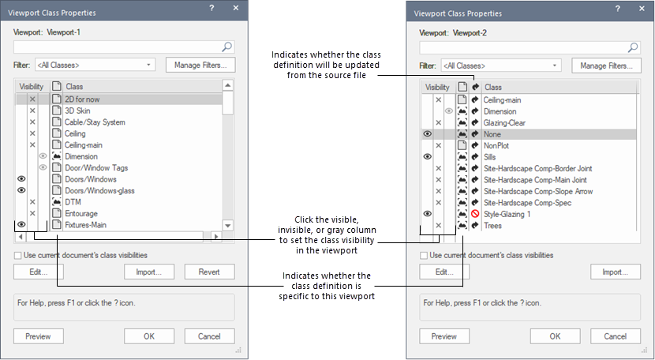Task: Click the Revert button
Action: (x=209, y=272)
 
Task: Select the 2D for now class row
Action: (x=82, y=99)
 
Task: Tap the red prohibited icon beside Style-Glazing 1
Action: (x=475, y=214)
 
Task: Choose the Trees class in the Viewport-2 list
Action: (x=492, y=226)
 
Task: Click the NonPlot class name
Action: (x=497, y=146)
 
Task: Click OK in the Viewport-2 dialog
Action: (x=555, y=336)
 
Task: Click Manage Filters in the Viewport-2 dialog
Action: (x=605, y=66)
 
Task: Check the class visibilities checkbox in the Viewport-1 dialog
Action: (x=18, y=255)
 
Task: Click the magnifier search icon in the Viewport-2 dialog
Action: (x=632, y=47)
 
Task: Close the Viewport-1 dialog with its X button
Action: (x=235, y=7)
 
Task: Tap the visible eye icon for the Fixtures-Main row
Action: (x=21, y=225)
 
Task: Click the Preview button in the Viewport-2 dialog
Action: (x=444, y=336)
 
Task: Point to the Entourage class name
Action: (x=83, y=213)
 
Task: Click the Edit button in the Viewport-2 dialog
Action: (x=444, y=272)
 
